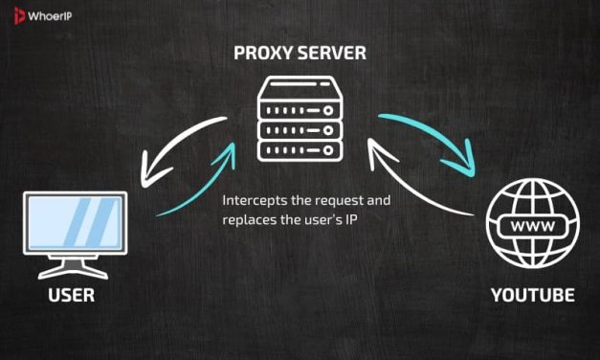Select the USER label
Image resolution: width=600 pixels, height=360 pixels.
(71, 296)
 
